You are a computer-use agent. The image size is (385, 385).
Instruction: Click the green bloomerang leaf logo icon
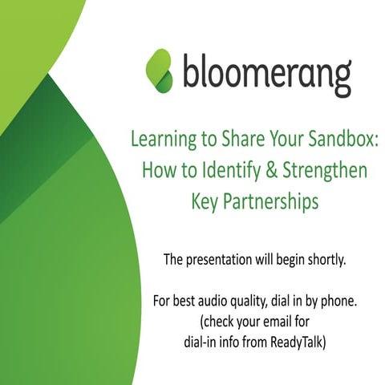point(159,70)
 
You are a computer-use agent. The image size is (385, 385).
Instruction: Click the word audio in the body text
point(208,302)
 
